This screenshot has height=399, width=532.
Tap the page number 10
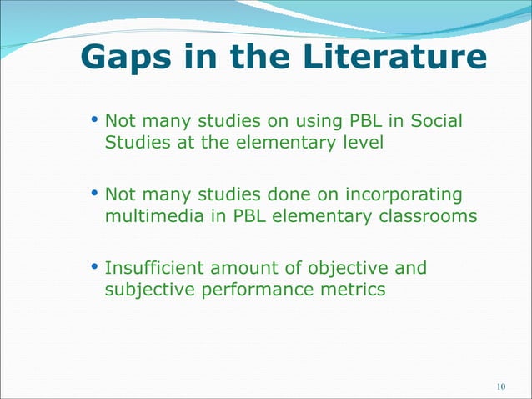point(501,386)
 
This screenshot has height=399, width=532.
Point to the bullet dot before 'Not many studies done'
point(94,195)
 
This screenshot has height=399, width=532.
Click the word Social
point(434,122)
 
